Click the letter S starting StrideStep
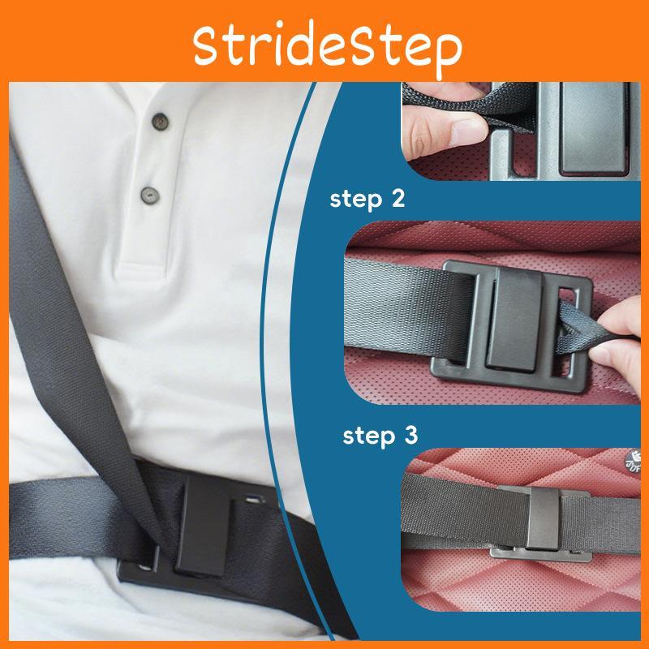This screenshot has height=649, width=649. (x=206, y=44)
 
